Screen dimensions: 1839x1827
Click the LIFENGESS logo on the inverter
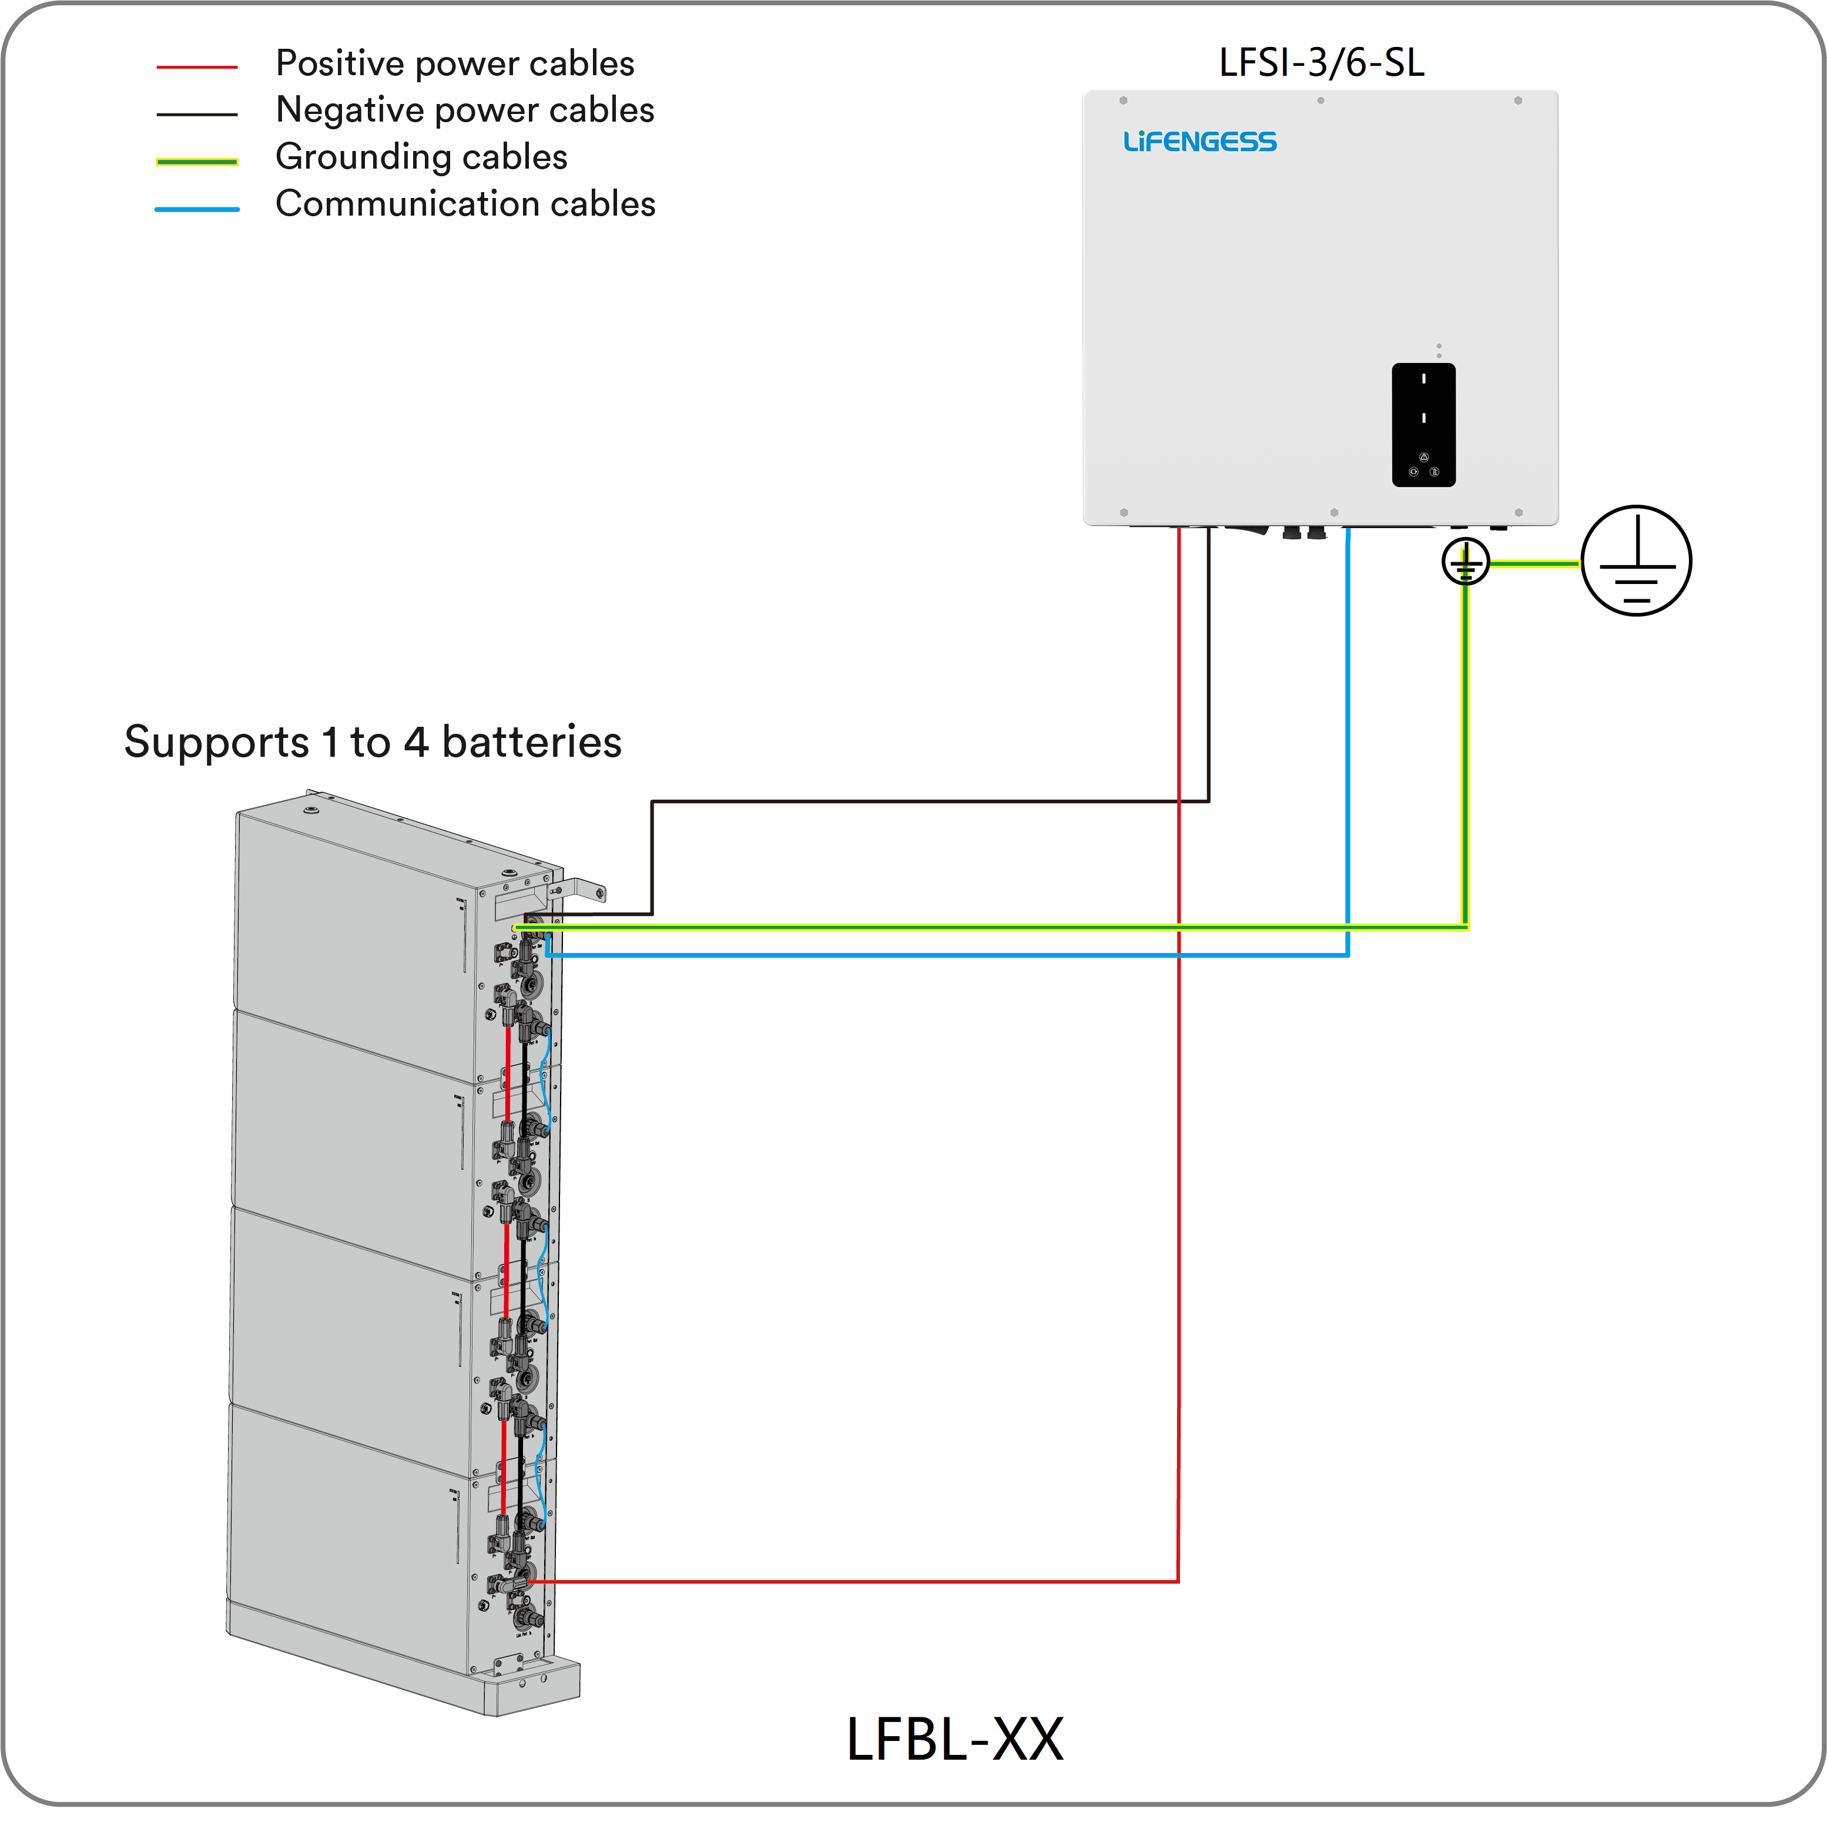[1199, 142]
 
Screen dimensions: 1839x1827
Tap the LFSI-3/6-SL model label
[1322, 63]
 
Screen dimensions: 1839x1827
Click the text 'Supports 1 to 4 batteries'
[372, 743]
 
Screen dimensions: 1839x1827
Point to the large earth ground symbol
[1635, 561]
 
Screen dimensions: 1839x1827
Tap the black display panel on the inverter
[1423, 425]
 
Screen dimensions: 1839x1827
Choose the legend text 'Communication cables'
[465, 204]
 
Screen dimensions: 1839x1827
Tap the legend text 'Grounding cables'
[421, 157]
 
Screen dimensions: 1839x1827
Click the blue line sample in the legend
[197, 209]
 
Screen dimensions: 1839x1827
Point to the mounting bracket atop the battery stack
[581, 890]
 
